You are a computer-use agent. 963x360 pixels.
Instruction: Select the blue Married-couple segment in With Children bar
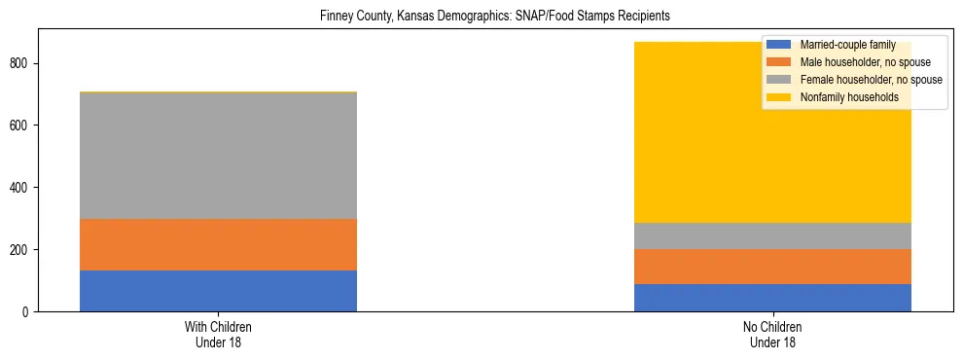point(218,291)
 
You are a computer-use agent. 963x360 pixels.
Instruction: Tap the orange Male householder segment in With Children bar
point(218,244)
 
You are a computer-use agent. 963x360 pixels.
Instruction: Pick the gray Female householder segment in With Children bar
point(218,156)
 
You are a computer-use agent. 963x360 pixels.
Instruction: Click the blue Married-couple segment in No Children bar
point(772,298)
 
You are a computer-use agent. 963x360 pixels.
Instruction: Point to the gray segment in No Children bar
point(772,236)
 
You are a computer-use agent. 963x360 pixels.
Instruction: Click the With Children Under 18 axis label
point(218,334)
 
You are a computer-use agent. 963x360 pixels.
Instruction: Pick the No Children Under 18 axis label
point(772,334)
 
